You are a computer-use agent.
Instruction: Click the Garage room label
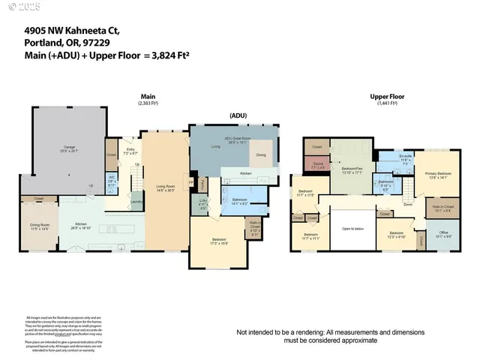[69, 148]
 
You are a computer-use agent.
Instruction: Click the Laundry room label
[136, 201]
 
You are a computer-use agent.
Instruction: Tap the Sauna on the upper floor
[316, 165]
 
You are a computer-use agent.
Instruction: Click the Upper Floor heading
[388, 97]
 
